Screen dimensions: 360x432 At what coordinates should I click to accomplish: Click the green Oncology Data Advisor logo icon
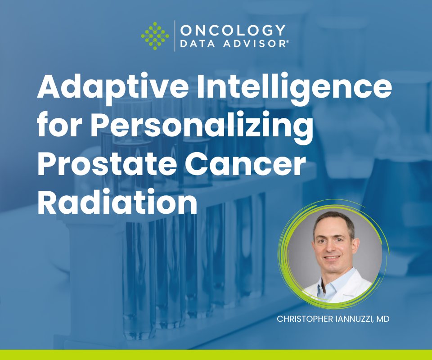155,36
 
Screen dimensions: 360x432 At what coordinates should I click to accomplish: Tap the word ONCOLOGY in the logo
233,31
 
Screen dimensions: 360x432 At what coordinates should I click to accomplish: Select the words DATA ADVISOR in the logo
233,44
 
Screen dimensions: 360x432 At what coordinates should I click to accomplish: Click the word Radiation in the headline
117,202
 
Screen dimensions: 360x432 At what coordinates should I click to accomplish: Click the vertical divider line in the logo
175,36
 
